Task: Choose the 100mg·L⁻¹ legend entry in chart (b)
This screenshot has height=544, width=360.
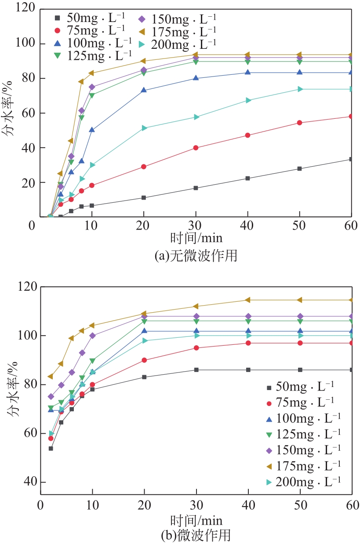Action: pos(303,418)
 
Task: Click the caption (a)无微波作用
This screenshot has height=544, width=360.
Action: pos(196,256)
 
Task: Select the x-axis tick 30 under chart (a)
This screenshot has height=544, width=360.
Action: pos(196,226)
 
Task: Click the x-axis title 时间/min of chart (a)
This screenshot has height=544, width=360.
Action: pos(196,239)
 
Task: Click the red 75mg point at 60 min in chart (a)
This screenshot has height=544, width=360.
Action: pos(351,116)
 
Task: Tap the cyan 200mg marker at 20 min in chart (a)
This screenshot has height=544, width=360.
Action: pos(144,128)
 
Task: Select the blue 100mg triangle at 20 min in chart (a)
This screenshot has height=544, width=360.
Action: pos(144,90)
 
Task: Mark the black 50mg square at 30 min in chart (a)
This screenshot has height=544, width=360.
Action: pos(196,188)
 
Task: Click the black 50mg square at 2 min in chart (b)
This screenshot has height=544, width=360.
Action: pos(51,448)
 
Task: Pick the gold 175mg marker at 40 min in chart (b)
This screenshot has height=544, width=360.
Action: pos(248,300)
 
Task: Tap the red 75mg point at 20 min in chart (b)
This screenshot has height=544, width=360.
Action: pos(144,360)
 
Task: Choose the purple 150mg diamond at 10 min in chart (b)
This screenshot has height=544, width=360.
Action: pos(92,336)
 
